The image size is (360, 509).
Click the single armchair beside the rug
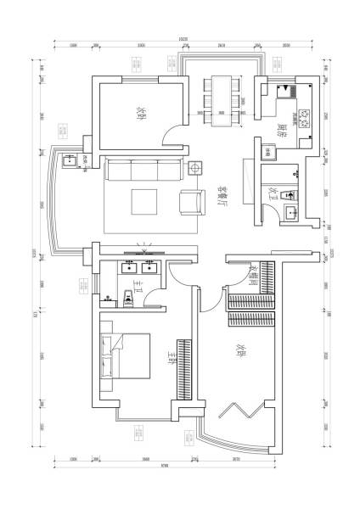191,203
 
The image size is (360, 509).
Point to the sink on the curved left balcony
70,159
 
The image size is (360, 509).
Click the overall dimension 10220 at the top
183,39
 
